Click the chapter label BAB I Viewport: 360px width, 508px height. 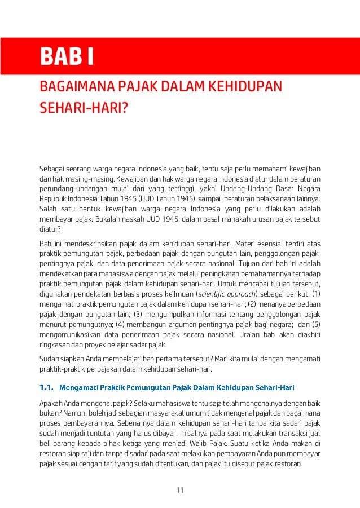pyautogui.click(x=66, y=57)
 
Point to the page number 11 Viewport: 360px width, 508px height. pyautogui.click(x=180, y=489)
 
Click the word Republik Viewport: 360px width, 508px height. pyautogui.click(x=52, y=198)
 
